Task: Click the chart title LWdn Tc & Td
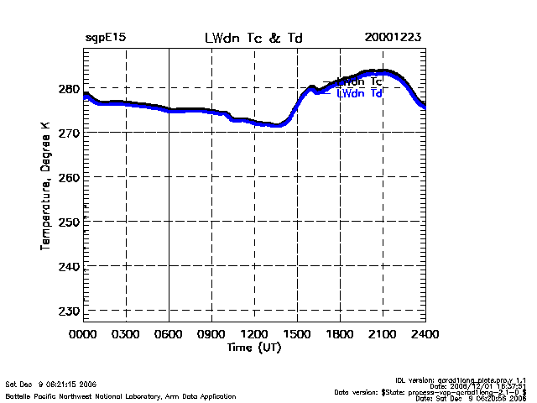pyautogui.click(x=254, y=38)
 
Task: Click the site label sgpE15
pyautogui.click(x=106, y=38)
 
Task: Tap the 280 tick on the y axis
pyautogui.click(x=69, y=89)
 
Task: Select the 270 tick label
pyautogui.click(x=69, y=133)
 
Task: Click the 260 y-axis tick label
pyautogui.click(x=69, y=177)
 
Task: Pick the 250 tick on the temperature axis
pyautogui.click(x=69, y=222)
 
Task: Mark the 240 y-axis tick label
pyautogui.click(x=69, y=266)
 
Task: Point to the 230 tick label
pyautogui.click(x=69, y=311)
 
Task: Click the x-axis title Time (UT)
pyautogui.click(x=254, y=347)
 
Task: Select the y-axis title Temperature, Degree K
pyautogui.click(x=44, y=185)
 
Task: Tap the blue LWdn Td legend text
pyautogui.click(x=360, y=94)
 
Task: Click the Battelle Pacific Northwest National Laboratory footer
pyautogui.click(x=121, y=395)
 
